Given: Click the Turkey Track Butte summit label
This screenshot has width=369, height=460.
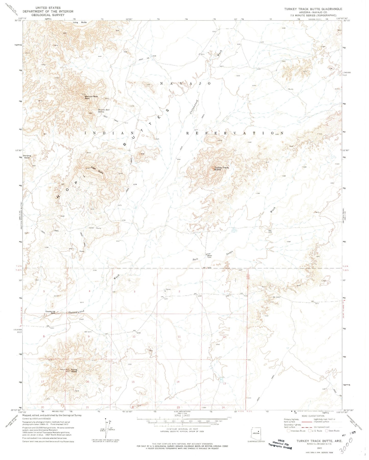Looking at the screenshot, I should (x=221, y=169).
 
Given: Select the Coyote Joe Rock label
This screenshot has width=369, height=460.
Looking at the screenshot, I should (x=51, y=312).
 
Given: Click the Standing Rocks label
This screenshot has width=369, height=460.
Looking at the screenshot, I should (x=27, y=157).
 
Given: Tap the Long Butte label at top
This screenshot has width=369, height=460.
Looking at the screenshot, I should (x=80, y=22).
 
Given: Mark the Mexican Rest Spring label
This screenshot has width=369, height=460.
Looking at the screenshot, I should (x=104, y=111).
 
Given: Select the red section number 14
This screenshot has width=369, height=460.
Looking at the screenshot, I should (x=178, y=382).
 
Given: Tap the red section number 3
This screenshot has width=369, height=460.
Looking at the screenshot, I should (x=134, y=291).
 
